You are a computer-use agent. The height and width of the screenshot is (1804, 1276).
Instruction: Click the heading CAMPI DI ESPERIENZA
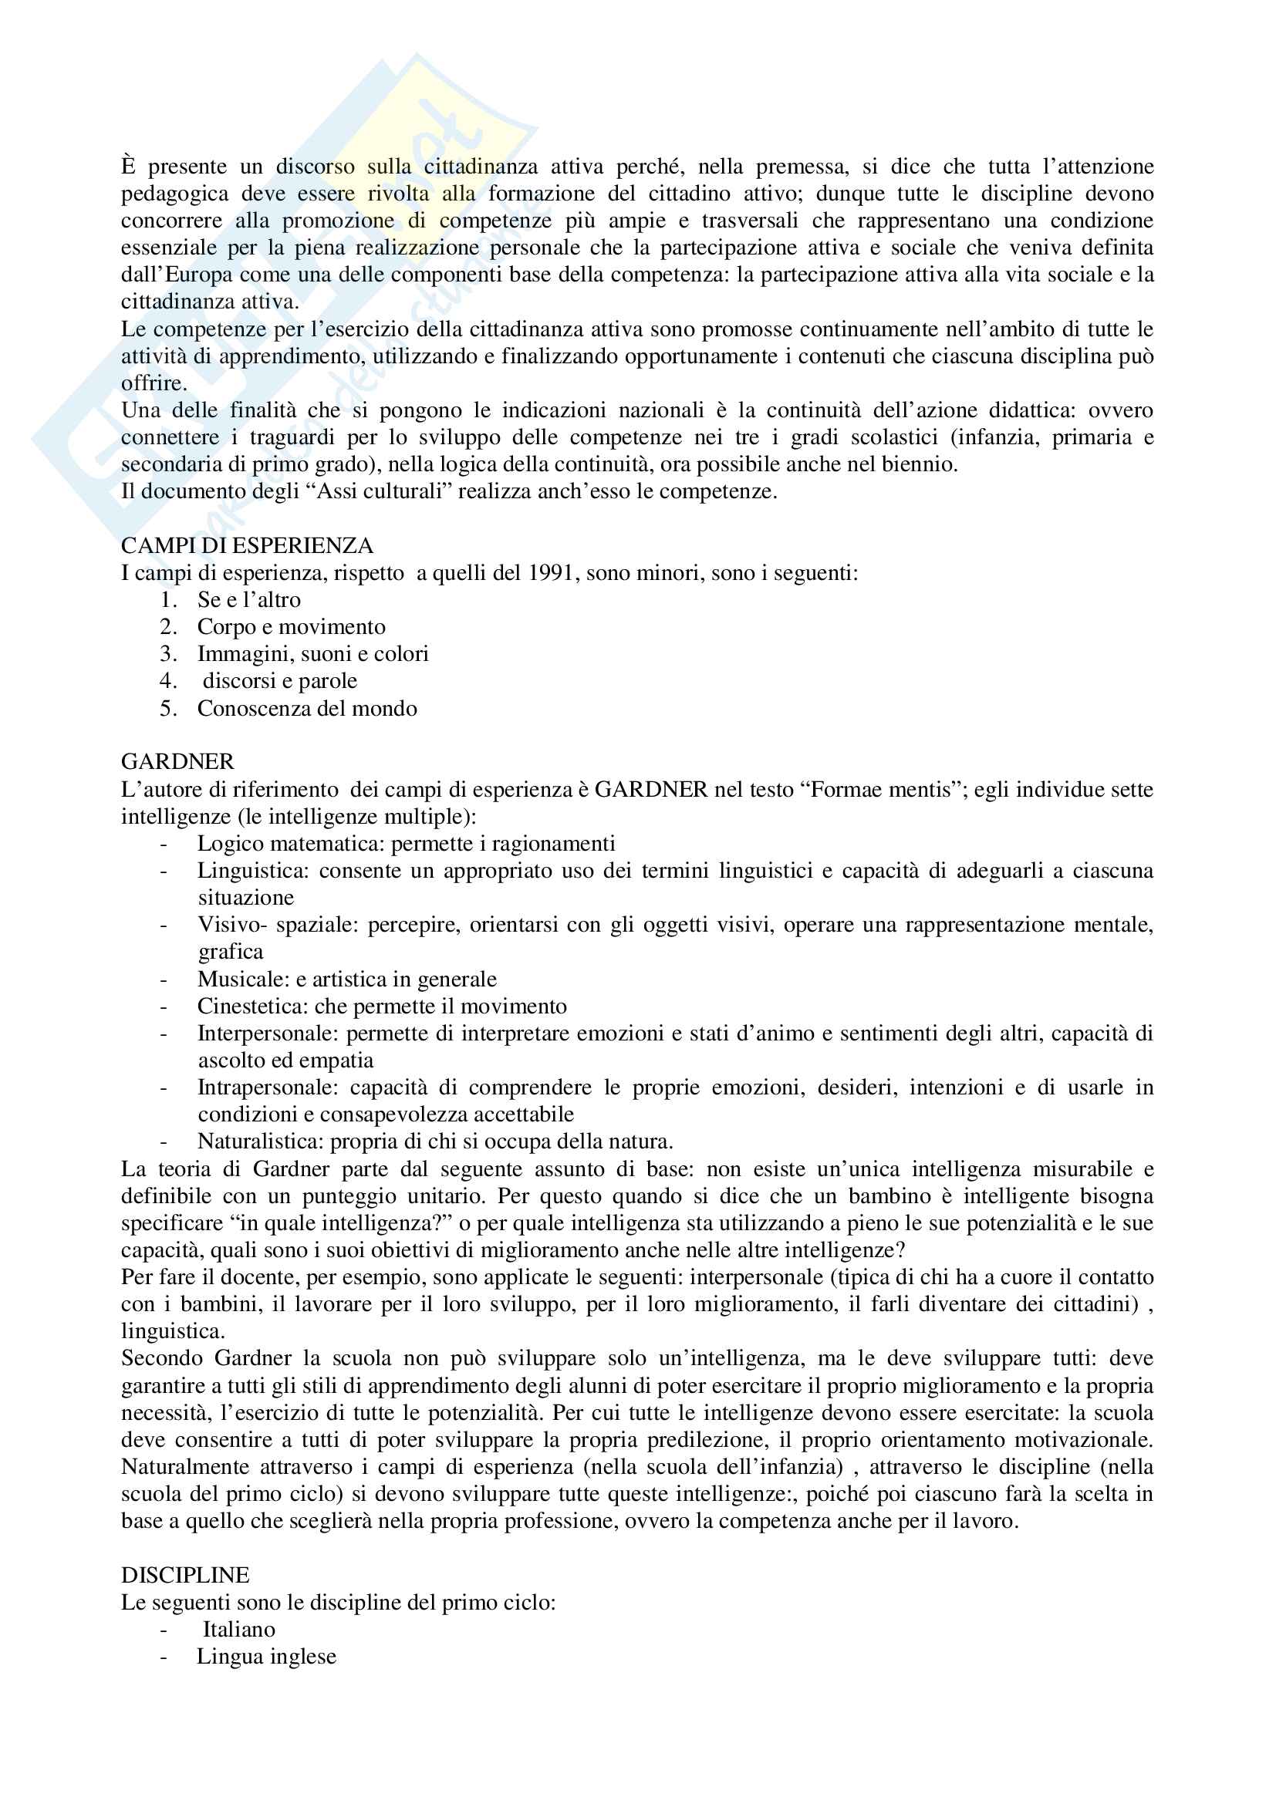pyautogui.click(x=247, y=545)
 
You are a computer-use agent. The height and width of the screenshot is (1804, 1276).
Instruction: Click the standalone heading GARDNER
pyautogui.click(x=177, y=761)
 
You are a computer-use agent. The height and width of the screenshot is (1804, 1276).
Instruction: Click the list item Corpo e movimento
pyautogui.click(x=292, y=627)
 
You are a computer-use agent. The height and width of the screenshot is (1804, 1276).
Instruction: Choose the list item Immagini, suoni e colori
pyautogui.click(x=312, y=654)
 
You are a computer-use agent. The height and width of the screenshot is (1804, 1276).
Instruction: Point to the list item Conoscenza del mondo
pyautogui.click(x=307, y=709)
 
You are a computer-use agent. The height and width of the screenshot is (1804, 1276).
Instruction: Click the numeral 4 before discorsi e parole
pyautogui.click(x=166, y=681)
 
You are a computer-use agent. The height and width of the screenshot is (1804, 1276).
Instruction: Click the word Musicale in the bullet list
pyautogui.click(x=243, y=979)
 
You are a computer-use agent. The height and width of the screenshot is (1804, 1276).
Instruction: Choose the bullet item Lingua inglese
pyautogui.click(x=266, y=1656)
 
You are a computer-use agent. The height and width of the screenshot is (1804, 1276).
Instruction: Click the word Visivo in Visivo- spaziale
pyautogui.click(x=225, y=925)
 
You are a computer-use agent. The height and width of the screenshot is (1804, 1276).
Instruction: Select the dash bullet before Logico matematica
pyautogui.click(x=164, y=845)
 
